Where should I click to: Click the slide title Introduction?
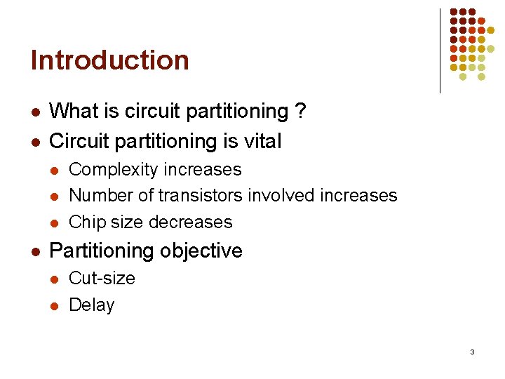(x=110, y=60)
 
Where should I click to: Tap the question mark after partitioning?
(x=300, y=112)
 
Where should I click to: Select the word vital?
(x=261, y=142)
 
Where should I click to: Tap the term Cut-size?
(x=102, y=278)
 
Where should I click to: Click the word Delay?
(x=92, y=305)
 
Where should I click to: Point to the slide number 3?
(x=472, y=352)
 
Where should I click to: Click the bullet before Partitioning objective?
(x=35, y=251)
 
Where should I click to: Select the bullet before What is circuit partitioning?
(x=35, y=112)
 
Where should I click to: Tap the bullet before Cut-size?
(x=55, y=279)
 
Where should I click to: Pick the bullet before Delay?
(x=55, y=306)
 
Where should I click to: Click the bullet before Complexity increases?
(x=55, y=171)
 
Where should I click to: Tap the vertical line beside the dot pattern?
(x=440, y=51)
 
